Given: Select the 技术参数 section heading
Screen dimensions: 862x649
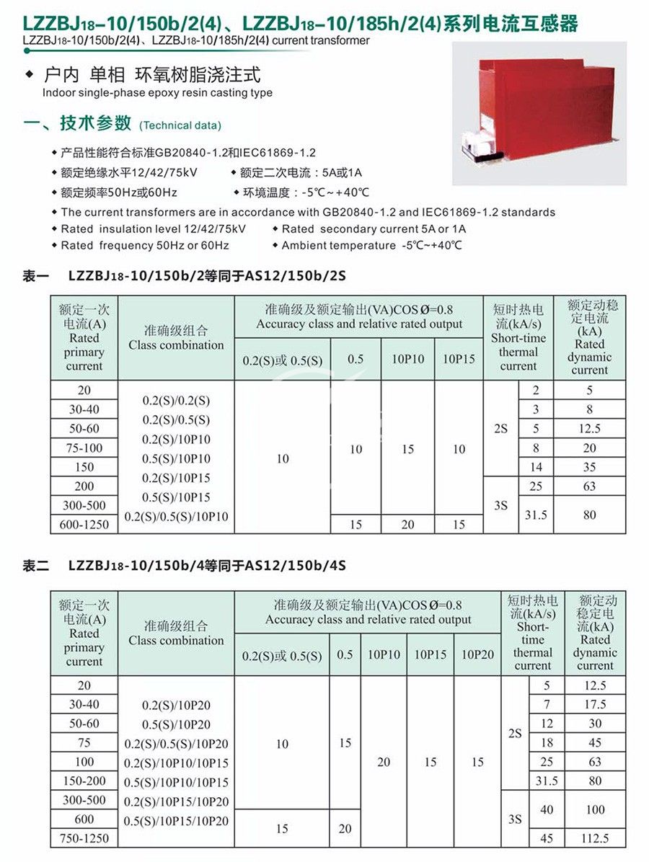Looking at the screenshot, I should (96, 123).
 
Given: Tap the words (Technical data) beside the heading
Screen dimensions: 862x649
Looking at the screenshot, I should (180, 125).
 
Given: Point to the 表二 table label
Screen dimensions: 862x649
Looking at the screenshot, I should (36, 566).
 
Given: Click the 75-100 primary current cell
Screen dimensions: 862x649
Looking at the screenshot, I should (84, 448).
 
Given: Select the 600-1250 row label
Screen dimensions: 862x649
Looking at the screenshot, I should (84, 525).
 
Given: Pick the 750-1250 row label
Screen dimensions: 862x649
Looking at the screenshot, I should (84, 838).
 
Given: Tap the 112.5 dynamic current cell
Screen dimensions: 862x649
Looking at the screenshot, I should (595, 838).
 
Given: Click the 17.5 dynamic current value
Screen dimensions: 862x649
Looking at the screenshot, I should (595, 704).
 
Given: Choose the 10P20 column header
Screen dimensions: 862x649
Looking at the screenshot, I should (477, 655).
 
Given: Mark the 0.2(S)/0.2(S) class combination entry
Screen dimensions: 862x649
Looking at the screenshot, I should (176, 401).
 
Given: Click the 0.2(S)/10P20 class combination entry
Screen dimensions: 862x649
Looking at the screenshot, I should (176, 706).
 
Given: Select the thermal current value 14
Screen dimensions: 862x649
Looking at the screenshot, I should (536, 467).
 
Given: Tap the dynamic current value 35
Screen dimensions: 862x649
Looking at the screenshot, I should (589, 467).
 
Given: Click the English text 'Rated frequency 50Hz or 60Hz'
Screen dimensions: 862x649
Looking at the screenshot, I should (145, 246).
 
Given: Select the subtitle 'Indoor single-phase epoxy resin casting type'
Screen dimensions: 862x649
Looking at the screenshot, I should (157, 93).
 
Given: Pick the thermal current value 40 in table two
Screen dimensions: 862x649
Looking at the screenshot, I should (547, 809).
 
